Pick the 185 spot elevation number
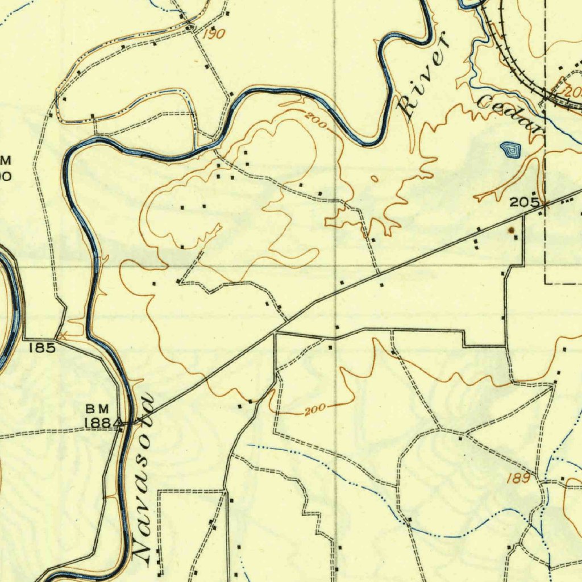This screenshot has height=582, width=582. coord(43,348)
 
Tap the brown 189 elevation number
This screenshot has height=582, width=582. coord(519,479)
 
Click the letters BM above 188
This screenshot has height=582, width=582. coord(97,409)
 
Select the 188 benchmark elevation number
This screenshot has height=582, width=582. coord(100,423)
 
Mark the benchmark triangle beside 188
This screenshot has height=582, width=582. coord(121,423)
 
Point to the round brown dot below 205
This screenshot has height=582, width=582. coord(512,230)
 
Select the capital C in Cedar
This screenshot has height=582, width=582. coord(487,102)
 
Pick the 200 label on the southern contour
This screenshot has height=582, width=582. coord(314,409)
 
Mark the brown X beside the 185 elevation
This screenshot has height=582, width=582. coord(63,336)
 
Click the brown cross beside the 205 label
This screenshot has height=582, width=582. coord(544,203)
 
